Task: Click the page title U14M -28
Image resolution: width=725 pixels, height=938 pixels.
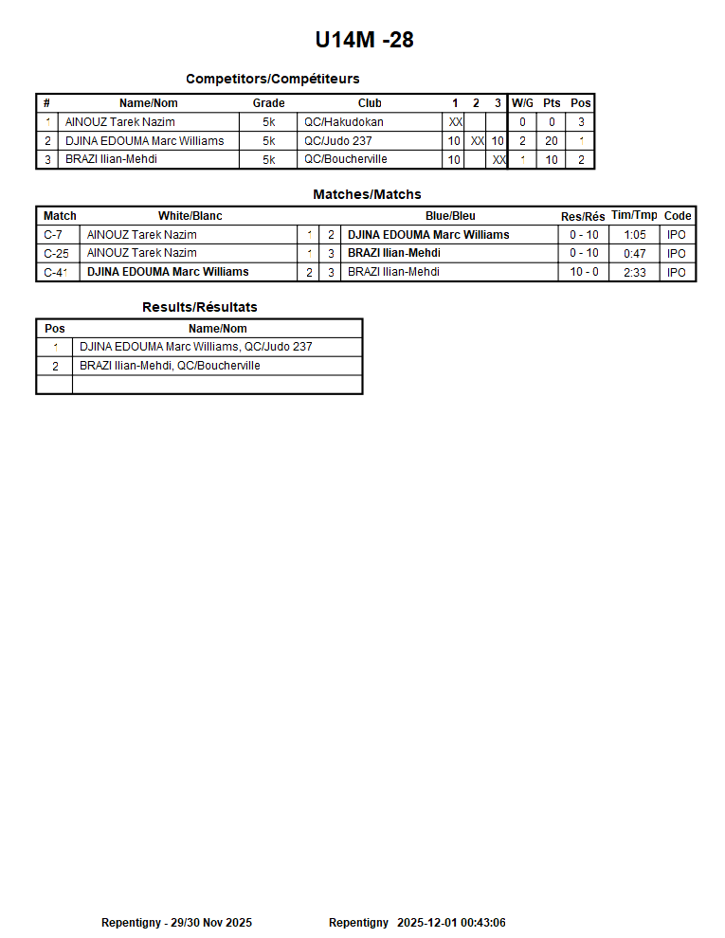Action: tap(364, 40)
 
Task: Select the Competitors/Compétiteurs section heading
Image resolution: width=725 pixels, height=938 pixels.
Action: tap(272, 79)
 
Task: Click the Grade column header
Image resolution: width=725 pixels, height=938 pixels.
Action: tap(268, 103)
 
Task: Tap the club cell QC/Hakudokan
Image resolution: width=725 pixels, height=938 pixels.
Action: tap(344, 122)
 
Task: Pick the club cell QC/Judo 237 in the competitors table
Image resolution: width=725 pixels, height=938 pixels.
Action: tap(338, 141)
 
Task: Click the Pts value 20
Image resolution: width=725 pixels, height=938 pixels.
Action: tap(552, 141)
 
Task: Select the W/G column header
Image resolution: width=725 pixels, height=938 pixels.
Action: tap(522, 103)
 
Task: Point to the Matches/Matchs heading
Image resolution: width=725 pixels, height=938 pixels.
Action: tap(367, 194)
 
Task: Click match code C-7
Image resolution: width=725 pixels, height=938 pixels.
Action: tap(54, 235)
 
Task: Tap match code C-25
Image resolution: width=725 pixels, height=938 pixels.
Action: tap(57, 253)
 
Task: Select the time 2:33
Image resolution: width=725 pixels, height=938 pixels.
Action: tap(635, 272)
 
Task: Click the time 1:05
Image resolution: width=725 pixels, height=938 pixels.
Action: tap(635, 235)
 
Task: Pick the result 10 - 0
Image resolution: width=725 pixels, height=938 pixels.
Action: tap(584, 272)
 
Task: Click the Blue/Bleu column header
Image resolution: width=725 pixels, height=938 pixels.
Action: tap(450, 216)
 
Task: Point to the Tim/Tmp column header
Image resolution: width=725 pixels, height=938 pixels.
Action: tap(634, 216)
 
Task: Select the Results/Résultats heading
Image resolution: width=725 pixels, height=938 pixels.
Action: tap(199, 307)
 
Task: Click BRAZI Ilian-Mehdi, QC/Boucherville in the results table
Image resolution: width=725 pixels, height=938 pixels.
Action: tap(170, 366)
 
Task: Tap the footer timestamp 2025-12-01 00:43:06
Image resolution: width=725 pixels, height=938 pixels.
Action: tap(451, 923)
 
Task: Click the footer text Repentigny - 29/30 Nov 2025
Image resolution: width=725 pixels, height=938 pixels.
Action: tap(176, 923)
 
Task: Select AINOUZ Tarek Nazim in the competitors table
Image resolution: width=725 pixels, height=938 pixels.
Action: tap(120, 122)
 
